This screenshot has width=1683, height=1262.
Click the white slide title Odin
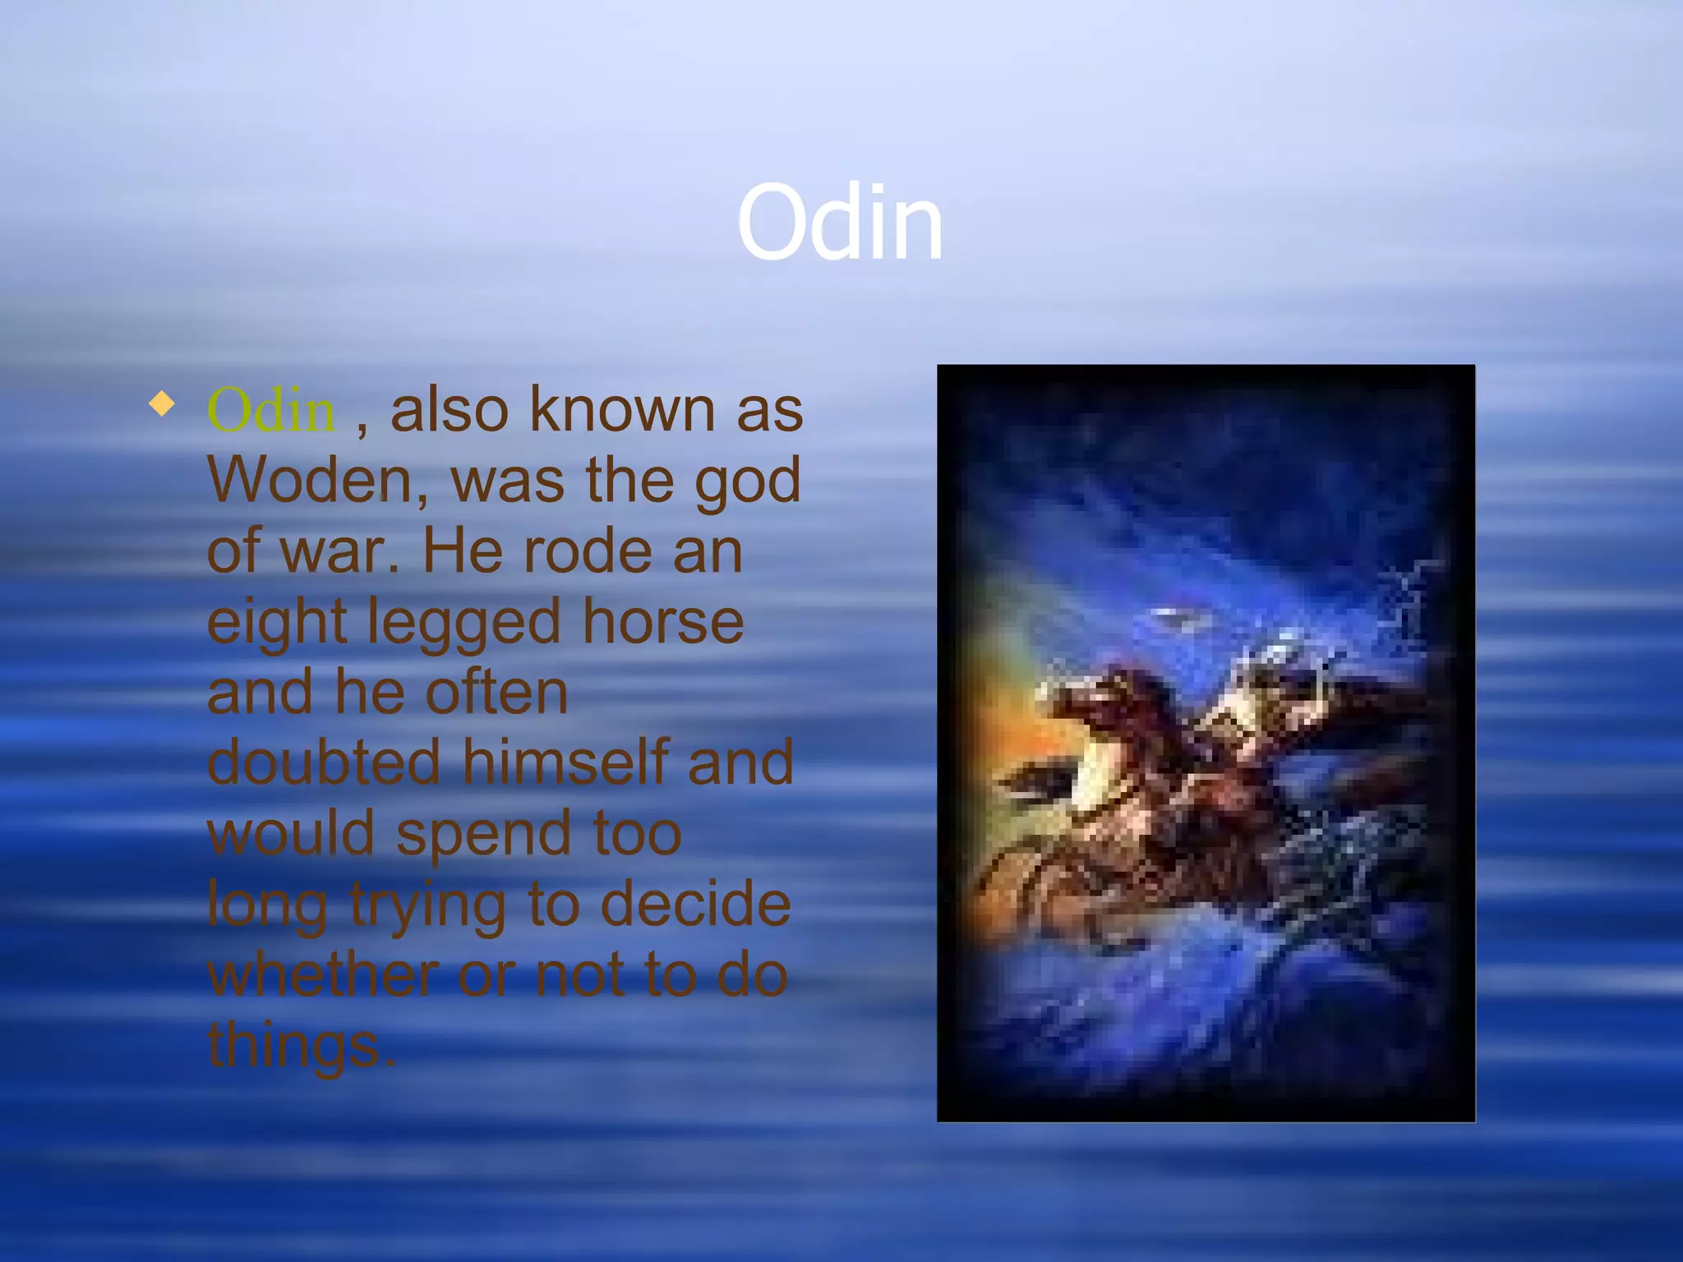(x=839, y=223)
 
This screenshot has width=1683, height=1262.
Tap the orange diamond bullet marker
(x=162, y=404)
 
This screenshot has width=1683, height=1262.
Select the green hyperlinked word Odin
(x=270, y=410)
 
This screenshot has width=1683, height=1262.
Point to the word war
(x=339, y=551)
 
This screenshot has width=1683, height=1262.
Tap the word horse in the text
(x=662, y=622)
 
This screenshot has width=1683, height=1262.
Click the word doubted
(x=324, y=763)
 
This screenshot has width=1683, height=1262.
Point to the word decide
(x=695, y=905)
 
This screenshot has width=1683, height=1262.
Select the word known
(x=622, y=410)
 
